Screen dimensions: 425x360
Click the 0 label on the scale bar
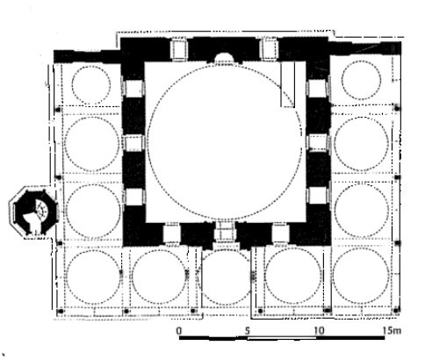179,331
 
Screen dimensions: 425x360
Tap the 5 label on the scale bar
248,331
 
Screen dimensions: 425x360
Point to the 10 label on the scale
320,331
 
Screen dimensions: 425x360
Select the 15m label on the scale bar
393,330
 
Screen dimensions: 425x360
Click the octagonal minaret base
33,212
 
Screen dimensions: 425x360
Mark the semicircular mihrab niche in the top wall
223,57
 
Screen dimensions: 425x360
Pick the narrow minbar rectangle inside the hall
288,84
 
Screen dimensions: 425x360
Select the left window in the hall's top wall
179,49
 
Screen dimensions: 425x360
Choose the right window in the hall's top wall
269,49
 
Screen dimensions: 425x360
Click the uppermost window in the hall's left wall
133,89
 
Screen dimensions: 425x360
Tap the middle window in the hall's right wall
319,142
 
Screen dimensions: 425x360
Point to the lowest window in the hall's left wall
133,197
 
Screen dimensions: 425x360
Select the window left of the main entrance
171,233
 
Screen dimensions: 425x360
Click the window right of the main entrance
280,233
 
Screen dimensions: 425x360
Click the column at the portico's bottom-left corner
61,311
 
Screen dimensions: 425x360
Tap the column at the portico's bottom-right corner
396,310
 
